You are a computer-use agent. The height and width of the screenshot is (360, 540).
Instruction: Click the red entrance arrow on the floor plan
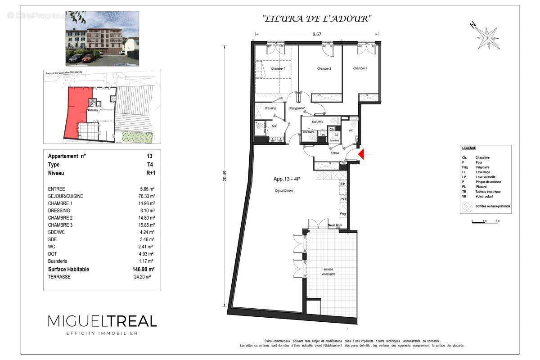point(362,155)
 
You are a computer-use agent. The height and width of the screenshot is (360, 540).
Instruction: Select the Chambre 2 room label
point(324,68)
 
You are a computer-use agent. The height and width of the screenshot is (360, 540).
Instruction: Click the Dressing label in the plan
point(270,108)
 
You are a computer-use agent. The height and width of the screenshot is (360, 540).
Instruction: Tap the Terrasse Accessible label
point(328,271)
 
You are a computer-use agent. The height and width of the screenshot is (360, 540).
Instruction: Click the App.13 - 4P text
point(287,178)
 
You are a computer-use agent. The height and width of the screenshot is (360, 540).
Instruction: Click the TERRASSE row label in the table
point(59,277)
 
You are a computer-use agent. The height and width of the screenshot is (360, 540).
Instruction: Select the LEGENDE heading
point(469,148)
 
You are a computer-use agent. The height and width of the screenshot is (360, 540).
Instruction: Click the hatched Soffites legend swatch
point(466,207)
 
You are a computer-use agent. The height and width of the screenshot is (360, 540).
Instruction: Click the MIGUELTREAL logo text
point(102,321)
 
